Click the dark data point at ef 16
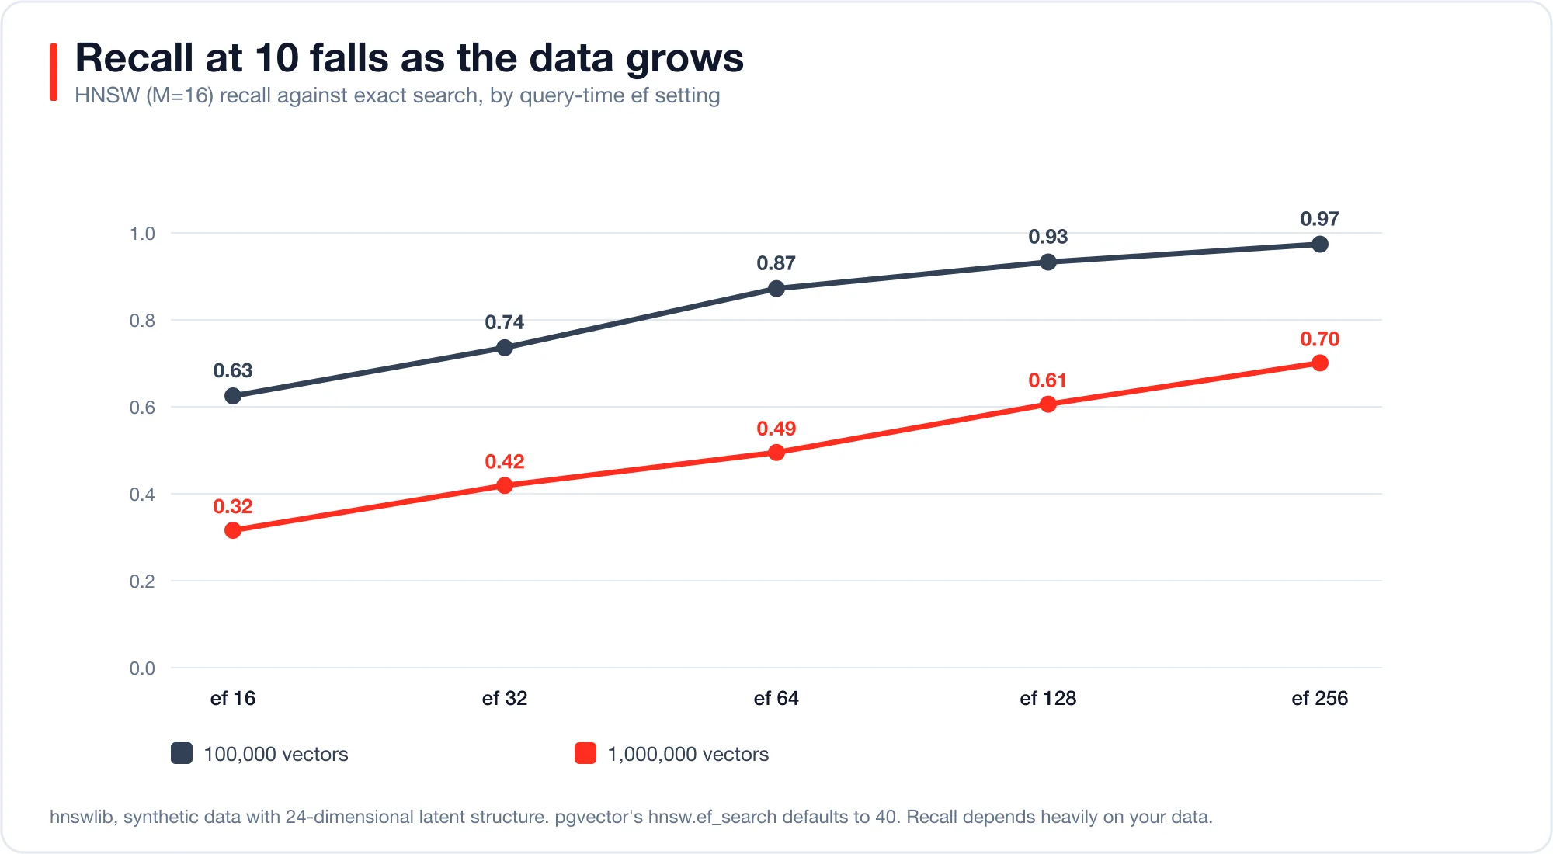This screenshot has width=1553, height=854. (x=233, y=396)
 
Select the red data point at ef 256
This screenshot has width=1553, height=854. (x=1320, y=363)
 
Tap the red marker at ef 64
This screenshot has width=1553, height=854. (x=776, y=453)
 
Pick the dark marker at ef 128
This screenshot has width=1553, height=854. (x=1048, y=262)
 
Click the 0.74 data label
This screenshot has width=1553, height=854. (x=505, y=322)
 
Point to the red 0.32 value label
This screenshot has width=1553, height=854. (x=233, y=507)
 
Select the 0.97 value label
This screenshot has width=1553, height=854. (x=1320, y=219)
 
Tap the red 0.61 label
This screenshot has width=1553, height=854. (x=1048, y=380)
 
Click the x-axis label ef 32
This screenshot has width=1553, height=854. (x=505, y=698)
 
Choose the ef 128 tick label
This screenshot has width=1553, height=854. (x=1048, y=698)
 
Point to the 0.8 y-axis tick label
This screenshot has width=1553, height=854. (x=142, y=321)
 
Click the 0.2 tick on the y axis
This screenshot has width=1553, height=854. (x=142, y=581)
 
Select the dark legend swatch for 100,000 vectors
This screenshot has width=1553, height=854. (x=182, y=753)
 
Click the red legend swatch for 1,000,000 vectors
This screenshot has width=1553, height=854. (x=585, y=753)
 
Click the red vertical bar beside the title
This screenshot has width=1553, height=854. (x=54, y=72)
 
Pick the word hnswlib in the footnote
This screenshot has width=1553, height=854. (x=83, y=817)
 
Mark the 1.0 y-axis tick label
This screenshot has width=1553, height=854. (x=142, y=234)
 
